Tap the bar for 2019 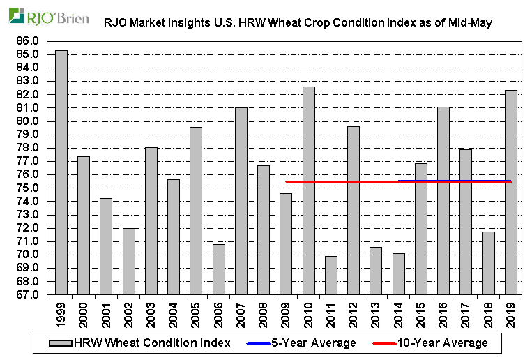pos(511,192)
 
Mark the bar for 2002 pos(129,261)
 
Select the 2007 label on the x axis pos(241,312)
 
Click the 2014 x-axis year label pos(399,312)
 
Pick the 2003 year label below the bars pos(151,312)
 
